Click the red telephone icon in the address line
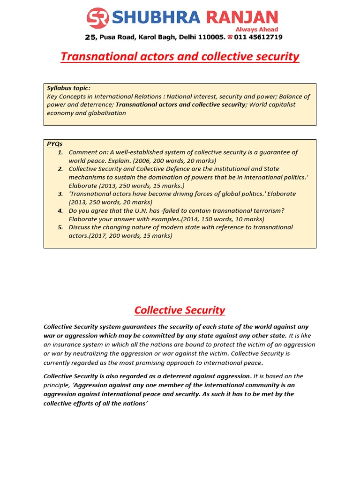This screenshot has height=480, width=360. tap(230, 37)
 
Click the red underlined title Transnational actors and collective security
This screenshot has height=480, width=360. tap(180, 57)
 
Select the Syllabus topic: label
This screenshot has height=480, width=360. tap(68, 88)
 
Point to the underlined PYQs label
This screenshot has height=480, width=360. tap(54, 144)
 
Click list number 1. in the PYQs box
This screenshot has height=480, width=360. tap(60, 152)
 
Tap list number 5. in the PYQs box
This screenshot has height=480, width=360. tap(60, 227)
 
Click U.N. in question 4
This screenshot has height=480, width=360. tap(140, 211)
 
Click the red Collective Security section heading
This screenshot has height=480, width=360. tap(180, 310)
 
